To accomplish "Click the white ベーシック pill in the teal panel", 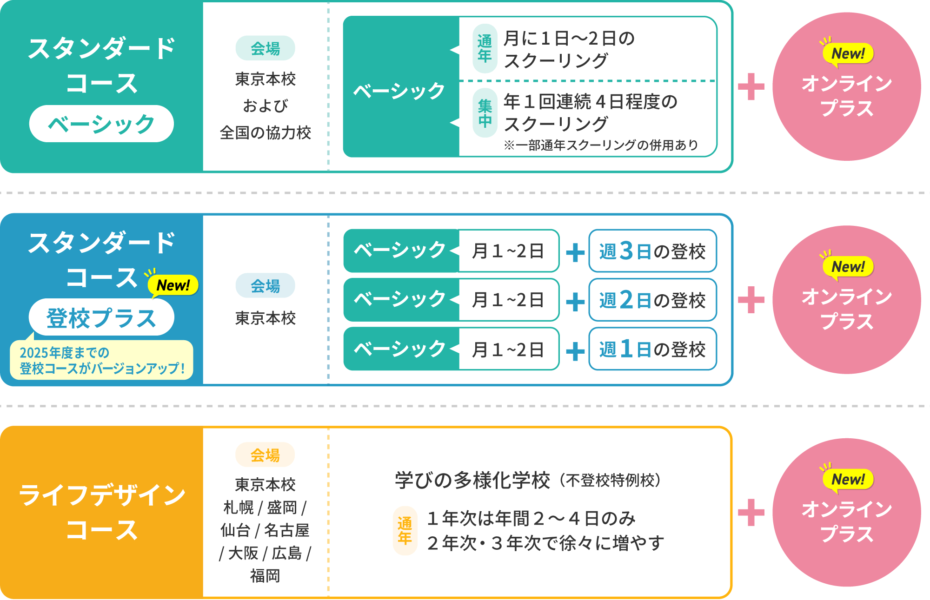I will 101,124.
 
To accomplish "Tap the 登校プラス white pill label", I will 101,317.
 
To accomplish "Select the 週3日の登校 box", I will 652,251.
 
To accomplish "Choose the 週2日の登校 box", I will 652,300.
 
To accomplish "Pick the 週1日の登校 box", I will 652,349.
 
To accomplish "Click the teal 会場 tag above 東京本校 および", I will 265,48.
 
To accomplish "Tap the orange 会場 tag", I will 265,455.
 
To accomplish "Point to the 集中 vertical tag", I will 485,113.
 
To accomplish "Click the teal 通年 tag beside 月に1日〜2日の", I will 485,48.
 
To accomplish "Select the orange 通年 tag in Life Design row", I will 405,530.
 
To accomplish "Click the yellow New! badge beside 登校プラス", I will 173,285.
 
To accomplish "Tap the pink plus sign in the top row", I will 751,86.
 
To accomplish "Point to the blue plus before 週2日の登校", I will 575,302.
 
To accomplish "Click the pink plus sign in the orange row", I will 751,512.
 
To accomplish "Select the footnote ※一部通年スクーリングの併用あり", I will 601,145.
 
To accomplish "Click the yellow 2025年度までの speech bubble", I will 101,360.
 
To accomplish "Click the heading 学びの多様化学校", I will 472,480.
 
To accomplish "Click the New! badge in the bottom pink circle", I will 848,479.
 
